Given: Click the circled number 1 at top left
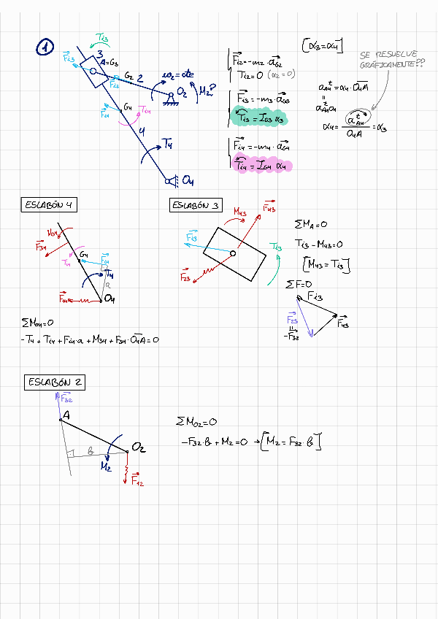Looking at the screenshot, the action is (45, 48).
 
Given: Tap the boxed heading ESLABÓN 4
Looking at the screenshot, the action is (49, 206).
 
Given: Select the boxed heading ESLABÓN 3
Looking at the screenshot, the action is (196, 206).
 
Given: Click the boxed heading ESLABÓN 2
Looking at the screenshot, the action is (55, 382).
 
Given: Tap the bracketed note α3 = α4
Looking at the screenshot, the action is (323, 45).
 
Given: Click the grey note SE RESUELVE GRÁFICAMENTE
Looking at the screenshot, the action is (388, 60).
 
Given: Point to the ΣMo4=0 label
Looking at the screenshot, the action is (37, 322).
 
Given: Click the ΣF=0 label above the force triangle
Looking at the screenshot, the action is (299, 283).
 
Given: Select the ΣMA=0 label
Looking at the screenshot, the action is (310, 225).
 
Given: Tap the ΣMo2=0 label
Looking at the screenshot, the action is (196, 422).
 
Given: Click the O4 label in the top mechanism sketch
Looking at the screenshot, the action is (188, 180).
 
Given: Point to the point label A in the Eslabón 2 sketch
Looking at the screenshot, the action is (65, 415).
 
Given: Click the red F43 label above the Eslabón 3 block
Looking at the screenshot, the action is (267, 208).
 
